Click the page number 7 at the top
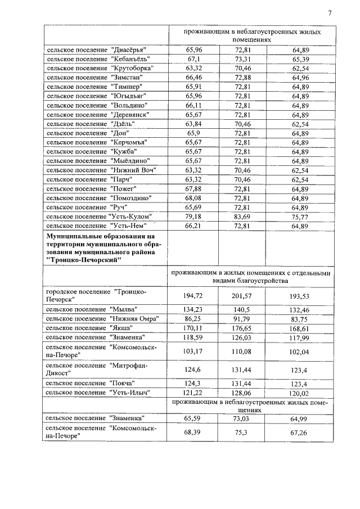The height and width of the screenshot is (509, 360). (x=330, y=13)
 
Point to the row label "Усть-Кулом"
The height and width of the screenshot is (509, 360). (x=100, y=216)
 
